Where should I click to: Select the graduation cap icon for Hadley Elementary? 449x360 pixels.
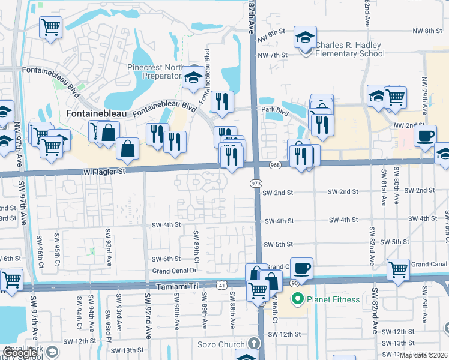point(305,38)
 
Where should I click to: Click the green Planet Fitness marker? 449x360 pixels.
point(296,299)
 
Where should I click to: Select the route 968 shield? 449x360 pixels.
point(276,165)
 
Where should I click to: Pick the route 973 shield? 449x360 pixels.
point(255,183)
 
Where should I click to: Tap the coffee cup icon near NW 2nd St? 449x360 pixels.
point(425,135)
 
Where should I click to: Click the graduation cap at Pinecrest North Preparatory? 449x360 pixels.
point(193,77)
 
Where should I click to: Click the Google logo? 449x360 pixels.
point(20,353)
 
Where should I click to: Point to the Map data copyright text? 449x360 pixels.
point(424,355)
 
